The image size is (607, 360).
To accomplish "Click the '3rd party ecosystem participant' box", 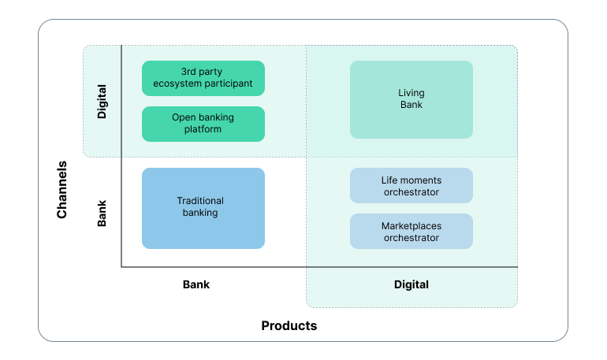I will (x=203, y=78).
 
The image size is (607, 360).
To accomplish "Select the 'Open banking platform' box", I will (x=203, y=124).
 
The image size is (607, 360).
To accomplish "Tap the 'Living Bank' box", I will (x=411, y=99).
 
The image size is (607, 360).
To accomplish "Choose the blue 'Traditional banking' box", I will (x=203, y=208).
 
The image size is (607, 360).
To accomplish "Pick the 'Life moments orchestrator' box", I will (x=411, y=186).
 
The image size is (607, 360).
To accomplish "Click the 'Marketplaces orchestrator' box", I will (x=411, y=232).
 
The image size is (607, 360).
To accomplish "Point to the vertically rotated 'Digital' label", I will (x=102, y=102).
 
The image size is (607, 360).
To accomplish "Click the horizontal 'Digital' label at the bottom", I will (x=411, y=284).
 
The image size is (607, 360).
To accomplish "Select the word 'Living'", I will (x=411, y=93).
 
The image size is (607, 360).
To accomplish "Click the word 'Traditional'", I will (x=200, y=201).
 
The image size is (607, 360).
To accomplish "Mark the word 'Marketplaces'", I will (x=411, y=226).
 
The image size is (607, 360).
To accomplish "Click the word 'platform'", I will (x=203, y=129).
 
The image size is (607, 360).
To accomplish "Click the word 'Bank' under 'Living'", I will (x=411, y=105).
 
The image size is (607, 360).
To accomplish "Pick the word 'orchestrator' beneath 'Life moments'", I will (x=411, y=192).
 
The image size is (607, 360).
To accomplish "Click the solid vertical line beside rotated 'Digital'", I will (x=121, y=101).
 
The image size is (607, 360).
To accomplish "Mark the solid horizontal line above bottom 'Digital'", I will (x=411, y=267).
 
